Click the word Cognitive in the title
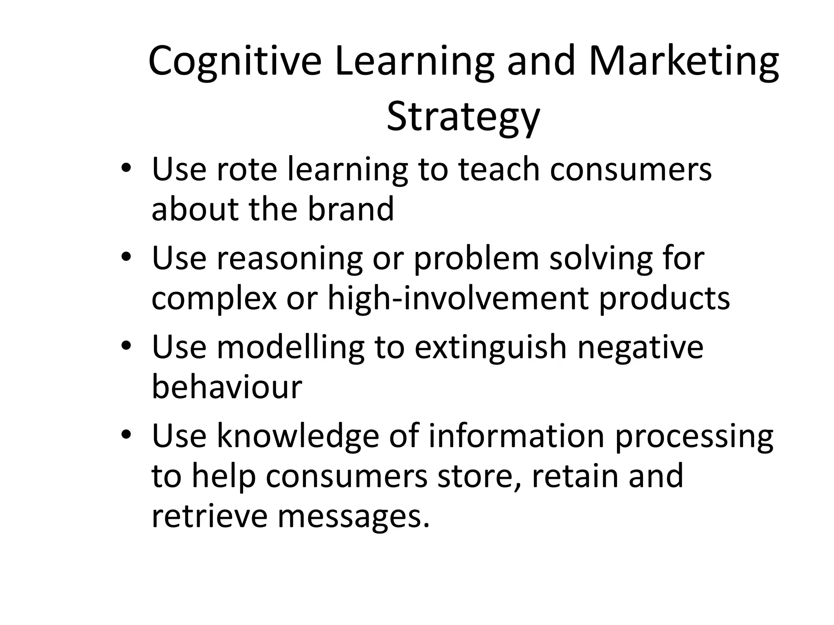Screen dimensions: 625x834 pos(235,61)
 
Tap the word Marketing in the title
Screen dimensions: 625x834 pos(684,61)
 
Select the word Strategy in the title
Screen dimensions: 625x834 pos(463,117)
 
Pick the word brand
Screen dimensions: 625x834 pos(351,209)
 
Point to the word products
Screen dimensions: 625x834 pos(664,298)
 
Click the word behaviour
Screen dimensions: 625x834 pos(227,387)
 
